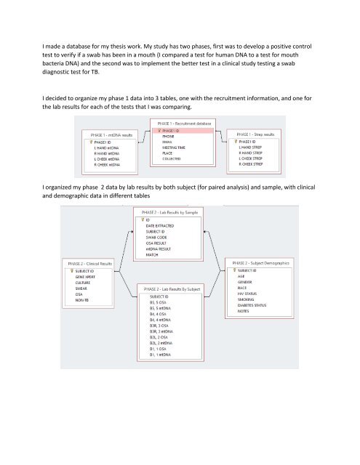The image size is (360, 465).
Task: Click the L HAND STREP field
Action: click(252, 147)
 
